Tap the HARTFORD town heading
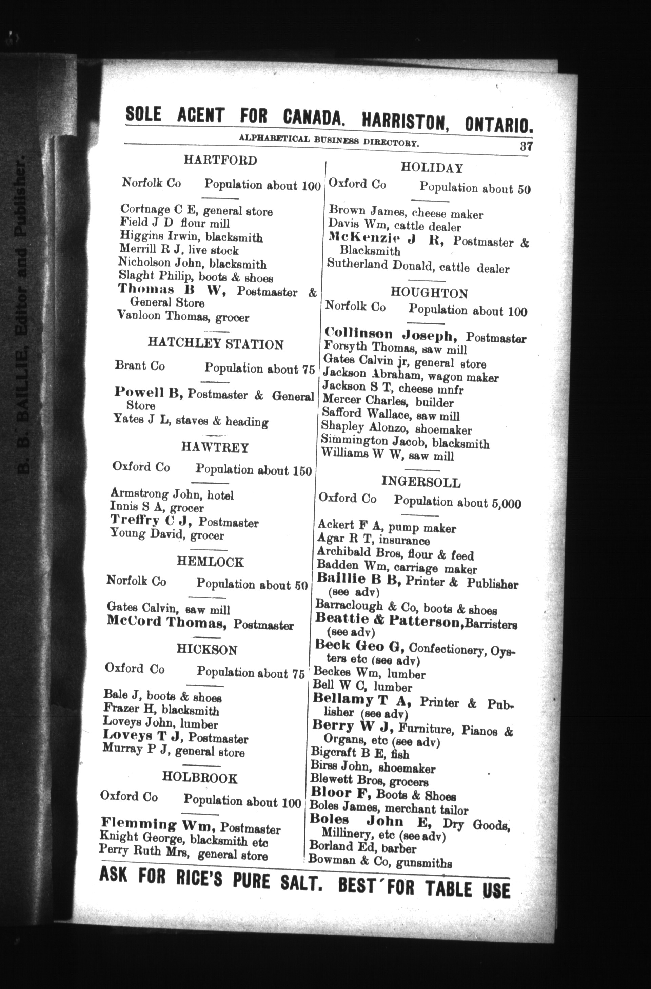(220, 160)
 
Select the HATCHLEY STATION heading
(216, 344)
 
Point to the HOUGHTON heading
(429, 293)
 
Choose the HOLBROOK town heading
(200, 778)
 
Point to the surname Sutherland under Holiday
(357, 265)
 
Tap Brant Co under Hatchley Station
(139, 366)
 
